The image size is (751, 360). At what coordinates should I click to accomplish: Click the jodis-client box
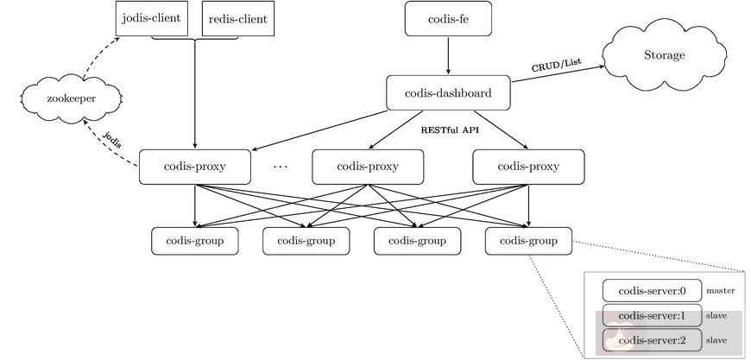click(x=151, y=18)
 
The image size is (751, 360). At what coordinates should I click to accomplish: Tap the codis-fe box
click(x=447, y=18)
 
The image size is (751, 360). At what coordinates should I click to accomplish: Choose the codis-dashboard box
click(x=447, y=92)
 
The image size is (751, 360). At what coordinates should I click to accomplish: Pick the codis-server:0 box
click(x=652, y=291)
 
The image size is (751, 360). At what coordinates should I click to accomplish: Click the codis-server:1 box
click(x=652, y=315)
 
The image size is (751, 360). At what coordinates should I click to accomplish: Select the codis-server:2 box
click(x=652, y=340)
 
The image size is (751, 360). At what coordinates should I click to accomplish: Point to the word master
click(x=720, y=291)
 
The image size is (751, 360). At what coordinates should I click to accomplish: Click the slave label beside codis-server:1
click(x=716, y=316)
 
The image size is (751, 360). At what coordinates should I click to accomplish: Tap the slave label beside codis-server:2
click(x=716, y=341)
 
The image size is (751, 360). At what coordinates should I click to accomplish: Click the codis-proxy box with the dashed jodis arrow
click(x=194, y=166)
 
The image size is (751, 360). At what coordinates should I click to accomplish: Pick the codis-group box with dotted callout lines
click(x=528, y=241)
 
